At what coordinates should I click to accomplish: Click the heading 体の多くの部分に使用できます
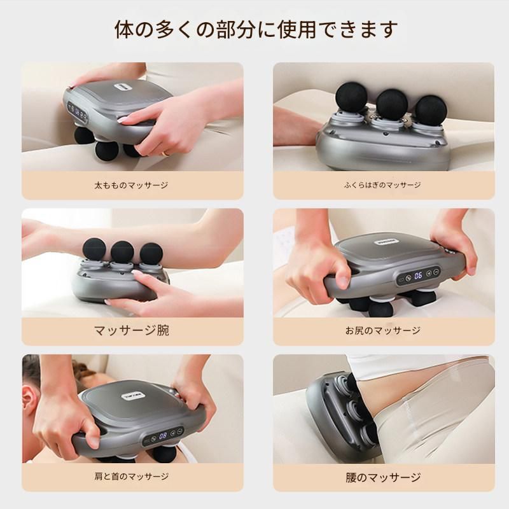click(x=256, y=29)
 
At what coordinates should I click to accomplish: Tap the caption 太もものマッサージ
click(x=131, y=185)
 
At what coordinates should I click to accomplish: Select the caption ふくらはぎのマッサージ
click(x=383, y=185)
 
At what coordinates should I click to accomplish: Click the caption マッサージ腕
click(x=132, y=330)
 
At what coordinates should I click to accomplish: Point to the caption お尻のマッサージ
click(x=383, y=330)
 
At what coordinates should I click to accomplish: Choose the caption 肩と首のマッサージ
click(x=132, y=477)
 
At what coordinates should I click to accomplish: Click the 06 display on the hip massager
click(x=418, y=275)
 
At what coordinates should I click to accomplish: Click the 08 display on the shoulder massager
click(x=163, y=435)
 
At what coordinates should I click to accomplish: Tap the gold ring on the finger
click(x=166, y=152)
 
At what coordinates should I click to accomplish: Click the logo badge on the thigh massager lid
click(x=122, y=88)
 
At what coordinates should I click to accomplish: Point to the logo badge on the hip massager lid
click(x=386, y=242)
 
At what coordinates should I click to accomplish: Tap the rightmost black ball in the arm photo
click(x=151, y=254)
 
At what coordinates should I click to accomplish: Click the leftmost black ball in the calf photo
click(x=352, y=97)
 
